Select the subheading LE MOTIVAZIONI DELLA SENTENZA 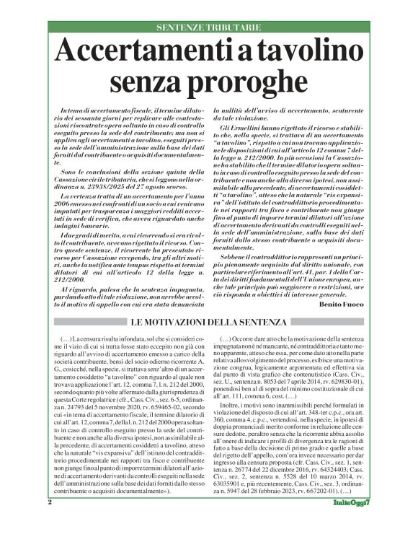click(208, 320)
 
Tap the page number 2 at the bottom click(50, 521)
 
